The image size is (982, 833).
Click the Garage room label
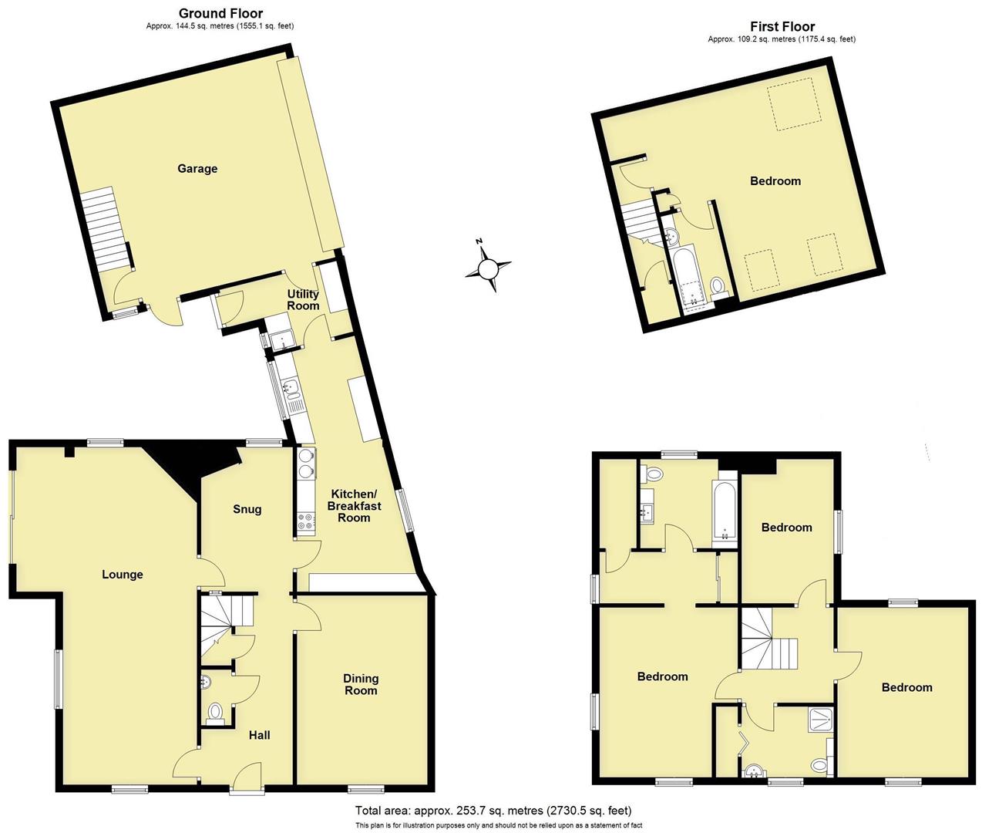click(197, 168)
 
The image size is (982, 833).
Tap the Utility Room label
click(303, 300)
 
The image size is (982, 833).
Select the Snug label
click(247, 509)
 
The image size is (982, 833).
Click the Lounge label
click(123, 575)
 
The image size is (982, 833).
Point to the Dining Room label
click(361, 684)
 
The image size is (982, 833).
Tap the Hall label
click(259, 735)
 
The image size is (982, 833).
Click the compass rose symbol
click(489, 268)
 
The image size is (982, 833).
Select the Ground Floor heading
click(220, 13)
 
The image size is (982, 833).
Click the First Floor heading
click(782, 26)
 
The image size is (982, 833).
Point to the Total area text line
click(493, 811)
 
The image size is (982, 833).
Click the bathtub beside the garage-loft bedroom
click(685, 277)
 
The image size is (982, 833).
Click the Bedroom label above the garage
click(775, 180)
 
